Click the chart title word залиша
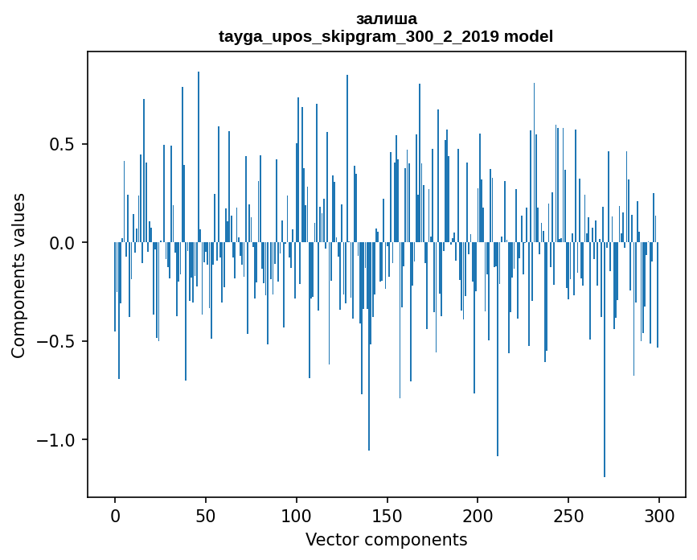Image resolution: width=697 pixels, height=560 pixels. (x=386, y=19)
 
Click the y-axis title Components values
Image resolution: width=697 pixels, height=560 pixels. (x=18, y=275)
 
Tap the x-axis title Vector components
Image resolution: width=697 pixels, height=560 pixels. (x=386, y=540)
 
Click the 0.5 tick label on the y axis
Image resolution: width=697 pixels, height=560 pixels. (x=64, y=145)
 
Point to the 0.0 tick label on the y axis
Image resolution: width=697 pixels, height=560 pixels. (x=64, y=243)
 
